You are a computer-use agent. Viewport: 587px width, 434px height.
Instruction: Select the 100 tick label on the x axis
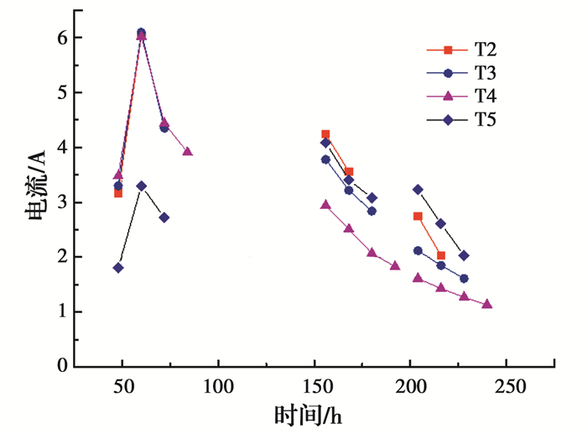pyautogui.click(x=219, y=388)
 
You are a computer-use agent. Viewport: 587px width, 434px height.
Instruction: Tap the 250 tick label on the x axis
pyautogui.click(x=508, y=388)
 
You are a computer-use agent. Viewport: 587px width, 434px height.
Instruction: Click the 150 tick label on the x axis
pyautogui.click(x=315, y=388)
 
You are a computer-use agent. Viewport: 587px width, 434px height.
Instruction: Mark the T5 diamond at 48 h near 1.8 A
pyautogui.click(x=118, y=268)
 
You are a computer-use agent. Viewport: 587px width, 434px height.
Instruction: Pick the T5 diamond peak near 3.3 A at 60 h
pyautogui.click(x=141, y=186)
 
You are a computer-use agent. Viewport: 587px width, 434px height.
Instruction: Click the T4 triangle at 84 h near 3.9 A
pyautogui.click(x=187, y=152)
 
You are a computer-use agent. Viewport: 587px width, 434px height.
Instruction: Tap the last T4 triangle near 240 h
pyautogui.click(x=486, y=304)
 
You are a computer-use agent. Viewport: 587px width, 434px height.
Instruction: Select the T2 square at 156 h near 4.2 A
pyautogui.click(x=325, y=134)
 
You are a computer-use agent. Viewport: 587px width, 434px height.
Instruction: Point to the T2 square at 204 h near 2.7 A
pyautogui.click(x=418, y=217)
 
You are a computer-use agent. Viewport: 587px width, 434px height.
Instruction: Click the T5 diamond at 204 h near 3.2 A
pyautogui.click(x=418, y=190)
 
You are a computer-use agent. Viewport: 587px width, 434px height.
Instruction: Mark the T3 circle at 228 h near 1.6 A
pyautogui.click(x=464, y=279)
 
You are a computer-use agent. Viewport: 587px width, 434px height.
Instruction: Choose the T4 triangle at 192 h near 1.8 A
pyautogui.click(x=395, y=266)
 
